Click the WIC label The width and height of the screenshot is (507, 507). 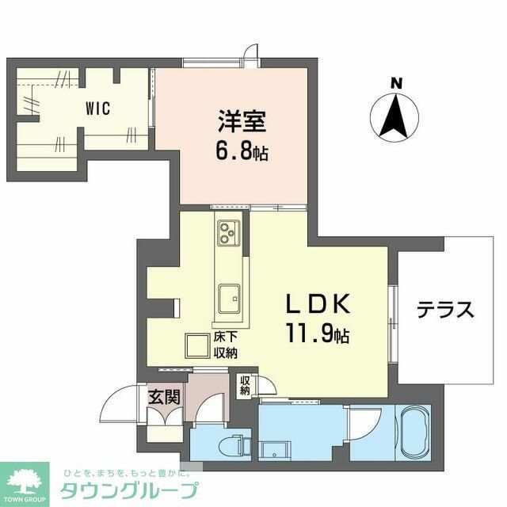tap(98, 109)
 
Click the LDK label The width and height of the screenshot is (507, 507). tap(318, 305)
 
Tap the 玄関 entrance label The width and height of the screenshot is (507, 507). tap(165, 395)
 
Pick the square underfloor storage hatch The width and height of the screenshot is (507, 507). tap(196, 345)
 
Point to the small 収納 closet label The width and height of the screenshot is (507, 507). tap(246, 385)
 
